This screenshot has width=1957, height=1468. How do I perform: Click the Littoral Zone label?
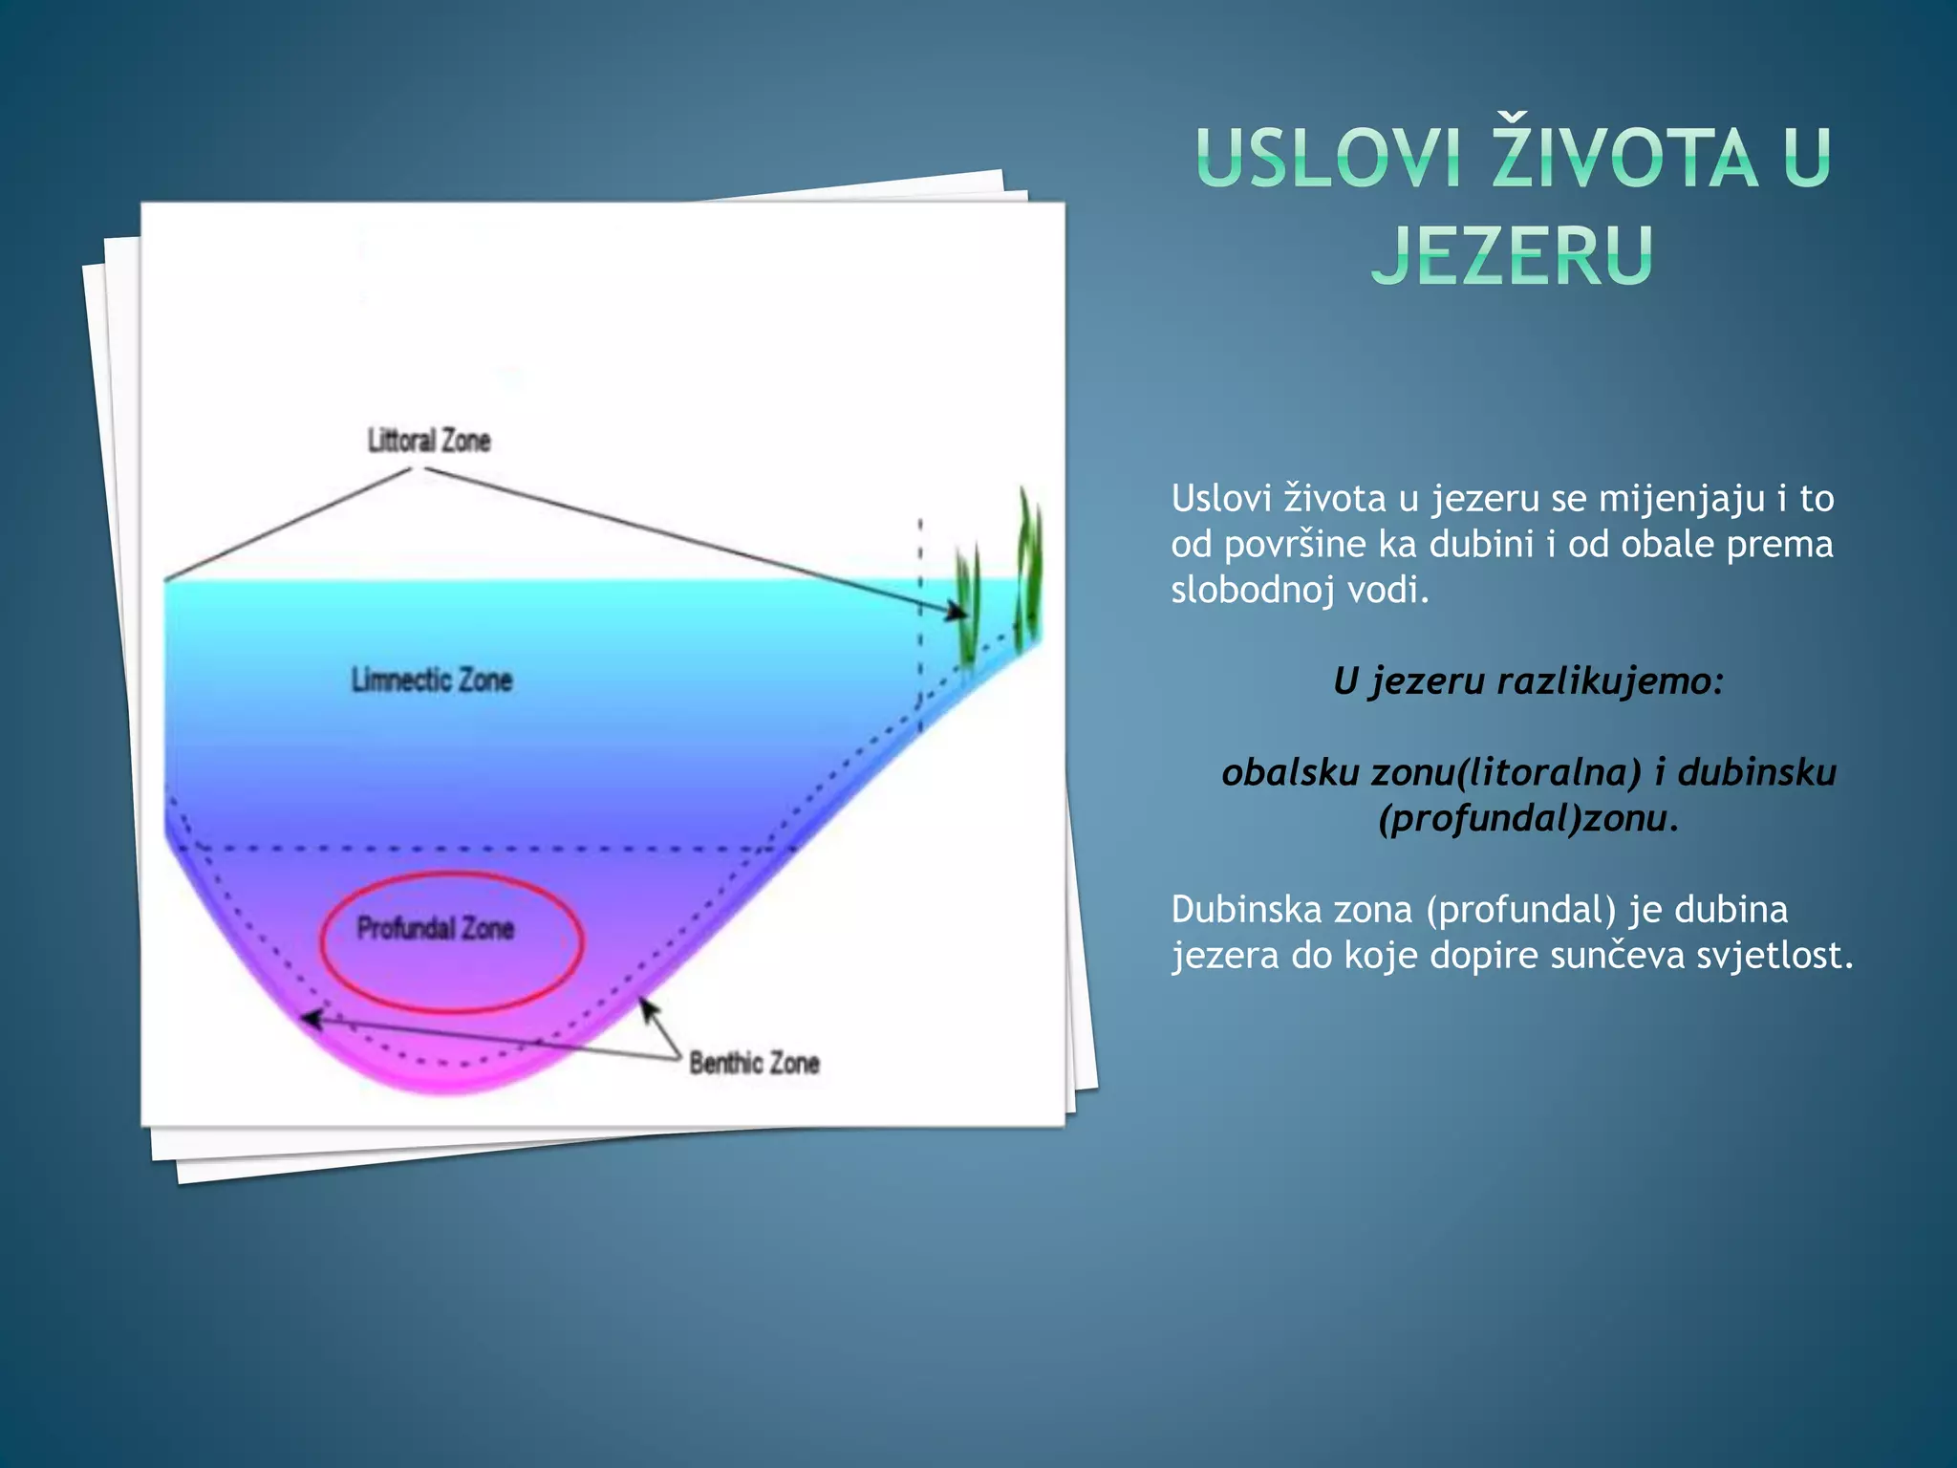click(429, 441)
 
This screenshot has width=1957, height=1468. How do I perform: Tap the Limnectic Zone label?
click(432, 680)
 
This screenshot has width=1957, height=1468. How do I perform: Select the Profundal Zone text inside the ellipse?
click(436, 928)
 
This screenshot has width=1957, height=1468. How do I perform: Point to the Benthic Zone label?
click(754, 1063)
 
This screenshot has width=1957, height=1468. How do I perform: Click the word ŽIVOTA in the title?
click(1624, 159)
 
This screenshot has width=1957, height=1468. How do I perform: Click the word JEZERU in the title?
click(1512, 255)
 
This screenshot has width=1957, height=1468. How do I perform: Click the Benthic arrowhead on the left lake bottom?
click(310, 1019)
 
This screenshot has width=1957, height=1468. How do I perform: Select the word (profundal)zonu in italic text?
click(1528, 819)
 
